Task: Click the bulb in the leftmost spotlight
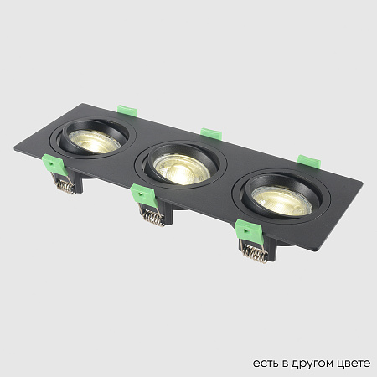click(x=94, y=141)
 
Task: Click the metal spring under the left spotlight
click(x=64, y=188)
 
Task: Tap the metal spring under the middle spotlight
click(x=152, y=217)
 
